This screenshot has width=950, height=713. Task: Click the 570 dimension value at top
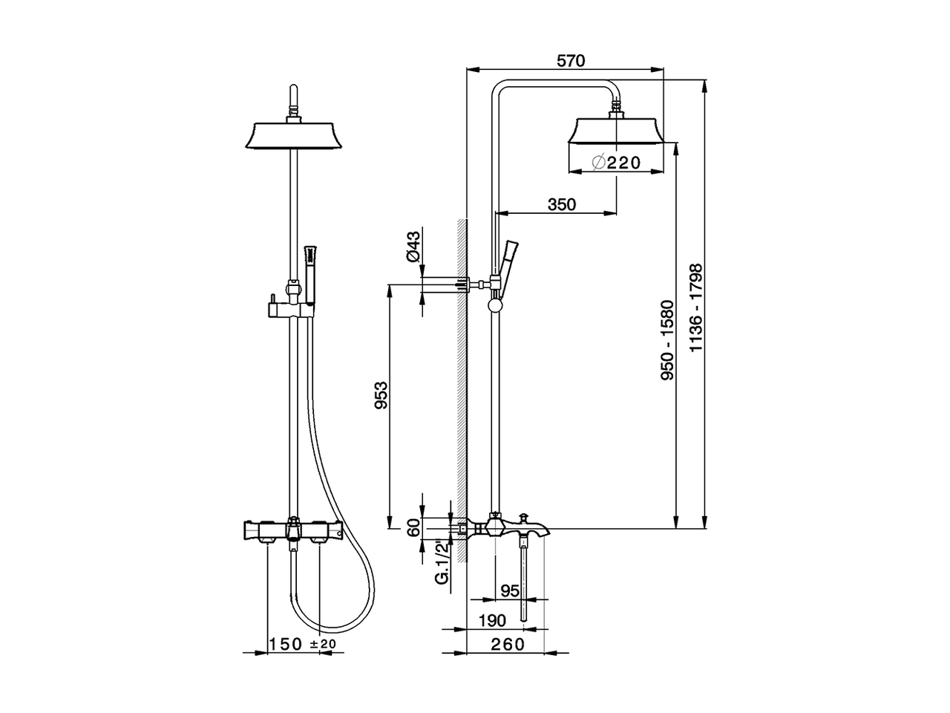[x=571, y=62]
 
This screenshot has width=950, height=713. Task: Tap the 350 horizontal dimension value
[x=561, y=204]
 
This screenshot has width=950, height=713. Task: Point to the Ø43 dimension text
[x=413, y=246]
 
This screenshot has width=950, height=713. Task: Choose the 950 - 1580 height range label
[x=668, y=340]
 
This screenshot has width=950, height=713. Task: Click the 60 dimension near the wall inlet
[x=414, y=528]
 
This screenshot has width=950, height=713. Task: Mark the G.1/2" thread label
[x=441, y=564]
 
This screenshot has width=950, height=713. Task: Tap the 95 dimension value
[x=510, y=591]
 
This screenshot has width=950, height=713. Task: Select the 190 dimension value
[x=492, y=620]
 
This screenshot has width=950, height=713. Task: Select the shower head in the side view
[x=616, y=131]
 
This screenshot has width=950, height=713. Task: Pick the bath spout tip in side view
[x=546, y=529]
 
